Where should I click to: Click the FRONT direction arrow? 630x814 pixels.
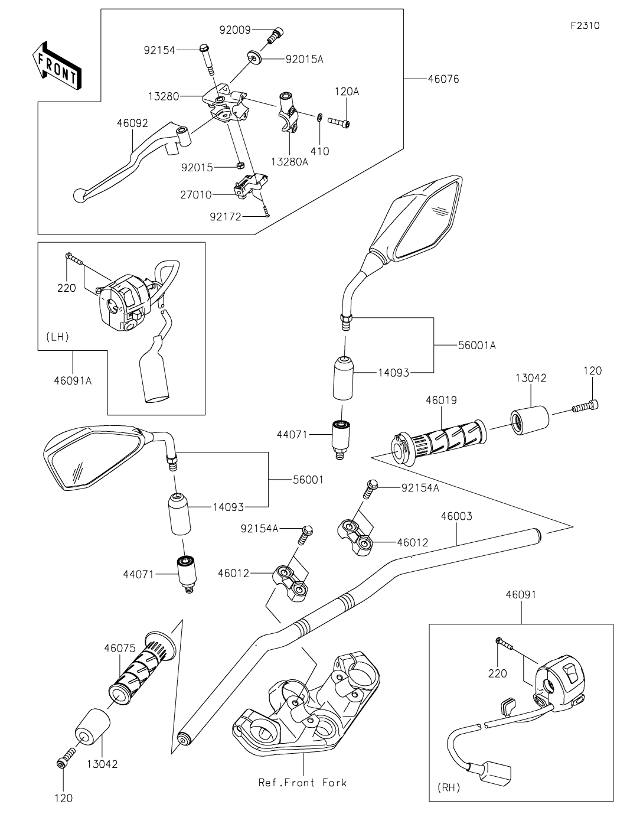click(57, 66)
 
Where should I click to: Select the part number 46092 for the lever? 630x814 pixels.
click(132, 123)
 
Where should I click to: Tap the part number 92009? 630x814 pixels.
click(235, 30)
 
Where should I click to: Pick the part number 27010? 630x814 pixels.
click(195, 193)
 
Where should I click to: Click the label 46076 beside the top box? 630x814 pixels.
click(443, 79)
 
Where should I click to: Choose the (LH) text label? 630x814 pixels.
click(57, 337)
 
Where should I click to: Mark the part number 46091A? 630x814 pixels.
click(73, 380)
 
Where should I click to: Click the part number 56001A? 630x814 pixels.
click(476, 345)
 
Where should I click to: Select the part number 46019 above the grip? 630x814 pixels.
click(441, 400)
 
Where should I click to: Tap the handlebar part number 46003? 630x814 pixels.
click(456, 516)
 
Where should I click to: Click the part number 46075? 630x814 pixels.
click(120, 647)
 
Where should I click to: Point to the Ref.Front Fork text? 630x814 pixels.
click(302, 783)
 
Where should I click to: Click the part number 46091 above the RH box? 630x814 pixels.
click(521, 595)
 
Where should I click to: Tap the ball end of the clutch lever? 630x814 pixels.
click(79, 194)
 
